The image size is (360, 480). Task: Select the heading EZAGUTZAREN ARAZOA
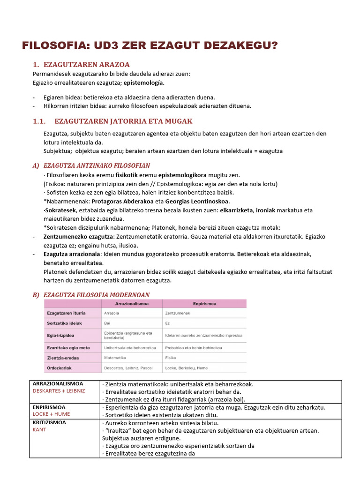(x=86, y=65)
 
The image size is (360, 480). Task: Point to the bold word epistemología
(x=144, y=82)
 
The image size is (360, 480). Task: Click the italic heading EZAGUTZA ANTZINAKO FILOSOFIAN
(x=97, y=166)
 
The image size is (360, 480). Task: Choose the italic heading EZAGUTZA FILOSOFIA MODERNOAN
(x=96, y=295)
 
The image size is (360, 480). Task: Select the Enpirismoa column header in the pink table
(x=203, y=304)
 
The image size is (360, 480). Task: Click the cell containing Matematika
(x=115, y=357)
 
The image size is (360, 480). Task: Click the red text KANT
(x=40, y=429)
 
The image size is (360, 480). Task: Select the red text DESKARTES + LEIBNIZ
(x=59, y=391)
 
